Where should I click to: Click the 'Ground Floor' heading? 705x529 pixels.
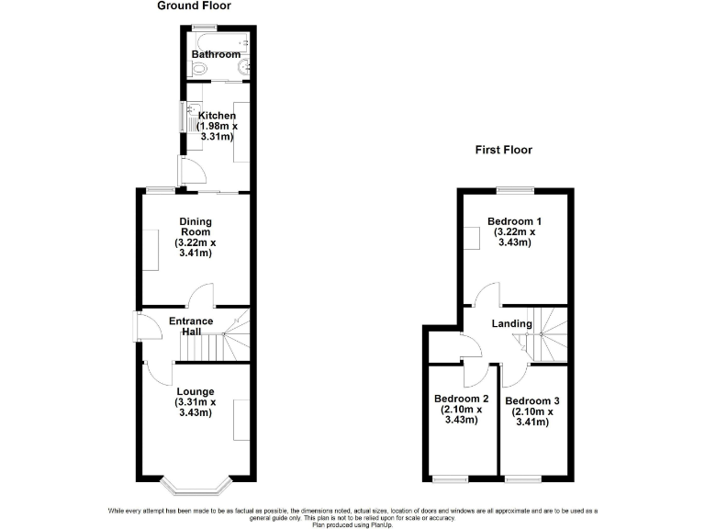pos(194,6)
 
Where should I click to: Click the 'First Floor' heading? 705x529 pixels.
pos(503,150)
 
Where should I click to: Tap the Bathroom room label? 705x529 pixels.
pos(216,55)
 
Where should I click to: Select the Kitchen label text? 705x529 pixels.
pos(218,116)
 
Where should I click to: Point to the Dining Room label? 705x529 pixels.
pos(194,226)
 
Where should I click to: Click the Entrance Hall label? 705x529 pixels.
pos(191,326)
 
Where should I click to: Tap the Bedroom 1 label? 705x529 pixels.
pos(514,221)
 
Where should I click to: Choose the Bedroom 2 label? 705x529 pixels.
pos(461,399)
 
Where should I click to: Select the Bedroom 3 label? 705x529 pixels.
pos(532,400)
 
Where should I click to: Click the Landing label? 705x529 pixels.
pos(511,323)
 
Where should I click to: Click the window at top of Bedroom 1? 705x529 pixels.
pos(515,190)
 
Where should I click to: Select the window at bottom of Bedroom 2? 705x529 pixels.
pos(449,478)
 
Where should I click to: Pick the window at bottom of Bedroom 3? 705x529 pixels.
pos(520,478)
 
